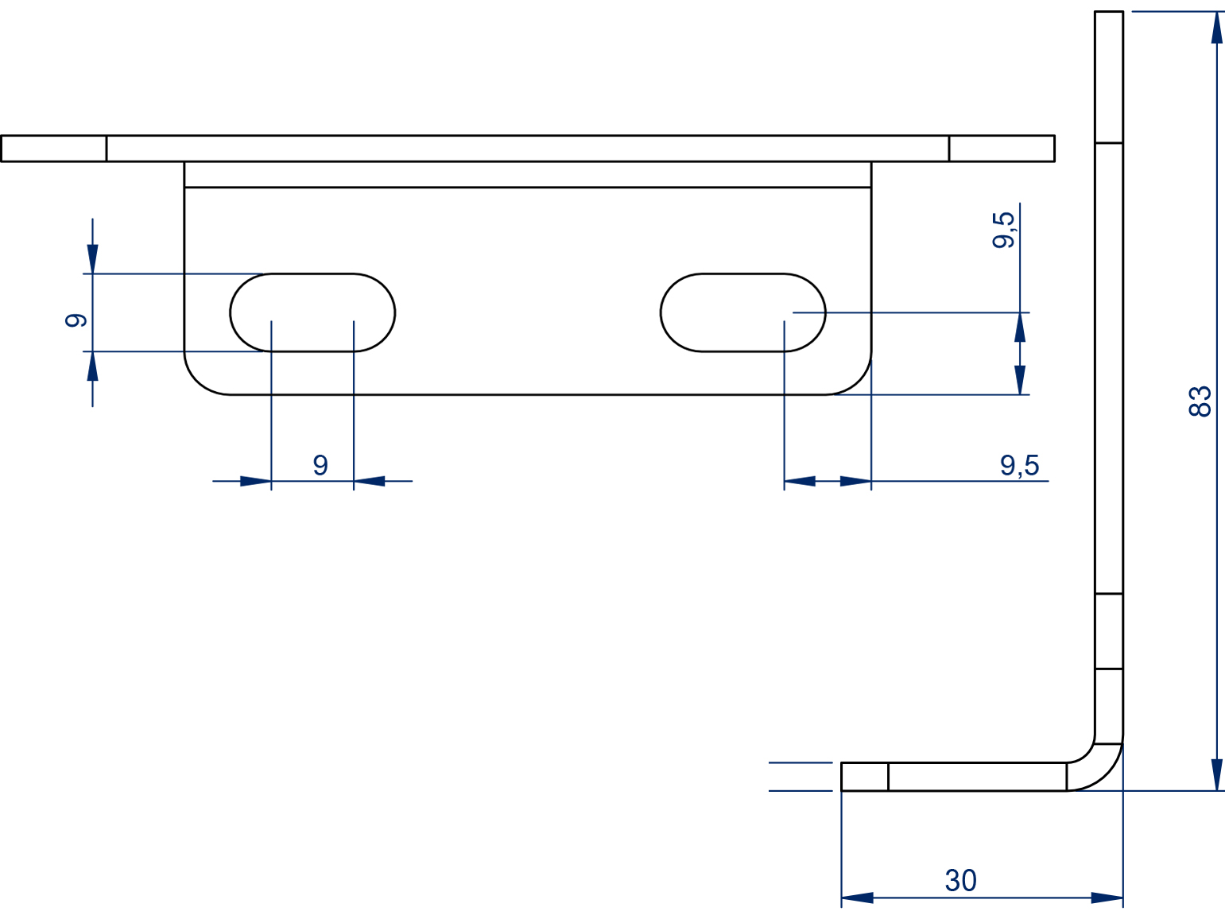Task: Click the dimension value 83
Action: coord(1200,401)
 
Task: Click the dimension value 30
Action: coord(960,881)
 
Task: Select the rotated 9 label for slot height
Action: coord(76,320)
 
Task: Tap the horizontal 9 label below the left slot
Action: coord(320,465)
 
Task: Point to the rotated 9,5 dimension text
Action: coord(1003,230)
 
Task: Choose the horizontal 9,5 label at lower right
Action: coord(1020,465)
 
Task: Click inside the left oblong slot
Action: coord(312,312)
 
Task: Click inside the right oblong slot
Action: coord(742,312)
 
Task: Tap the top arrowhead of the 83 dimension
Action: coord(1217,27)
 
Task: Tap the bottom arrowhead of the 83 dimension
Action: coord(1217,774)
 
